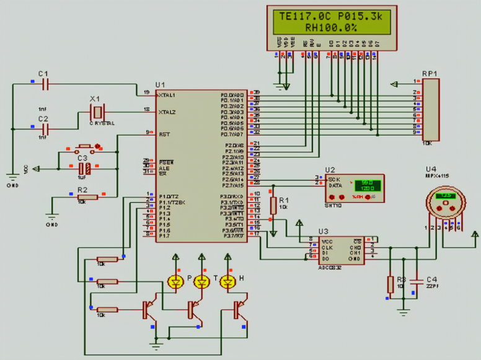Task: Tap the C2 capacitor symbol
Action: pos(43,129)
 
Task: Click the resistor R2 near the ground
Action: pos(87,198)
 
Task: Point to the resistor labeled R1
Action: pos(272,204)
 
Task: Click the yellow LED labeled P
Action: pos(175,283)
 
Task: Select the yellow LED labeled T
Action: pos(201,283)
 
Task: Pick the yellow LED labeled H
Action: pos(227,283)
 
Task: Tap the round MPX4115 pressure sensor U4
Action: pos(445,204)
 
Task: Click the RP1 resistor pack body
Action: pos(430,108)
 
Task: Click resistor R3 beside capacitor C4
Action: pos(390,284)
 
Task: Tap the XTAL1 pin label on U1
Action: pos(167,95)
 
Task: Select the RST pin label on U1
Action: pos(164,134)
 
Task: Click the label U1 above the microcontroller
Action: pos(161,84)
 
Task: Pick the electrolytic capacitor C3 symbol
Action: pos(89,169)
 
